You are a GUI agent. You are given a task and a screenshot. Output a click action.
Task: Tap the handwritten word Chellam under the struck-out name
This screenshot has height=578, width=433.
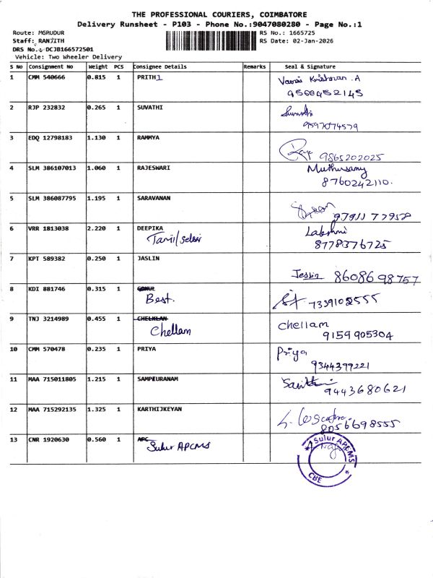click(x=170, y=331)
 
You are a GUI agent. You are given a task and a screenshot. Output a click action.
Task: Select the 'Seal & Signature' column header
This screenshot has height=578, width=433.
click(x=311, y=66)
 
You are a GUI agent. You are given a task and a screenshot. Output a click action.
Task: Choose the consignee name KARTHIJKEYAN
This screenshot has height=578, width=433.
click(x=159, y=409)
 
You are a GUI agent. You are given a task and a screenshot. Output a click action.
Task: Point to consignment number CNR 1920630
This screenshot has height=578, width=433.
click(x=48, y=439)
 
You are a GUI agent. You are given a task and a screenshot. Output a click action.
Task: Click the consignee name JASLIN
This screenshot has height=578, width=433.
click(x=147, y=258)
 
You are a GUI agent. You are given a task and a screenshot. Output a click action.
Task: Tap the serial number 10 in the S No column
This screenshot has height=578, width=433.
click(x=14, y=349)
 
